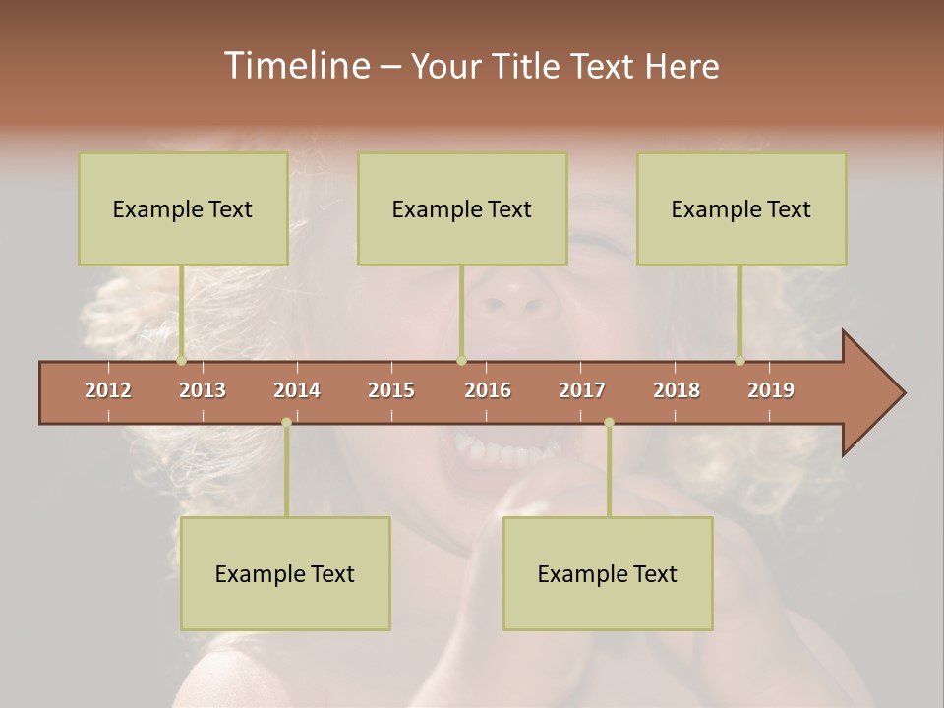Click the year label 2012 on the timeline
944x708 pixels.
coord(108,390)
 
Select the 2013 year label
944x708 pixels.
coord(203,390)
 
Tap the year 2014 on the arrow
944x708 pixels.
coord(297,390)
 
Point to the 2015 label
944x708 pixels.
coord(391,390)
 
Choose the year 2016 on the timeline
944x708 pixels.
coord(488,390)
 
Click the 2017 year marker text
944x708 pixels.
coord(582,390)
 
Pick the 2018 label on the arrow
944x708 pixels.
coord(677,390)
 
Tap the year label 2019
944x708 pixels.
coord(771,390)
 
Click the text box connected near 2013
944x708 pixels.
coord(183,208)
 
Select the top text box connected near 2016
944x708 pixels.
coord(462,208)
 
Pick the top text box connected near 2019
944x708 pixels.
coord(741,208)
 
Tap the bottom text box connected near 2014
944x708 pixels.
coord(285,573)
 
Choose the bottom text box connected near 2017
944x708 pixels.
coord(608,573)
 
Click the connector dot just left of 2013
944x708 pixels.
coord(181,361)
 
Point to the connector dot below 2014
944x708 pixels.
coord(286,423)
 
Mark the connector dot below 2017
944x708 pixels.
coord(609,423)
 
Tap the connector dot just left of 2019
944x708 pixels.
coord(739,361)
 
